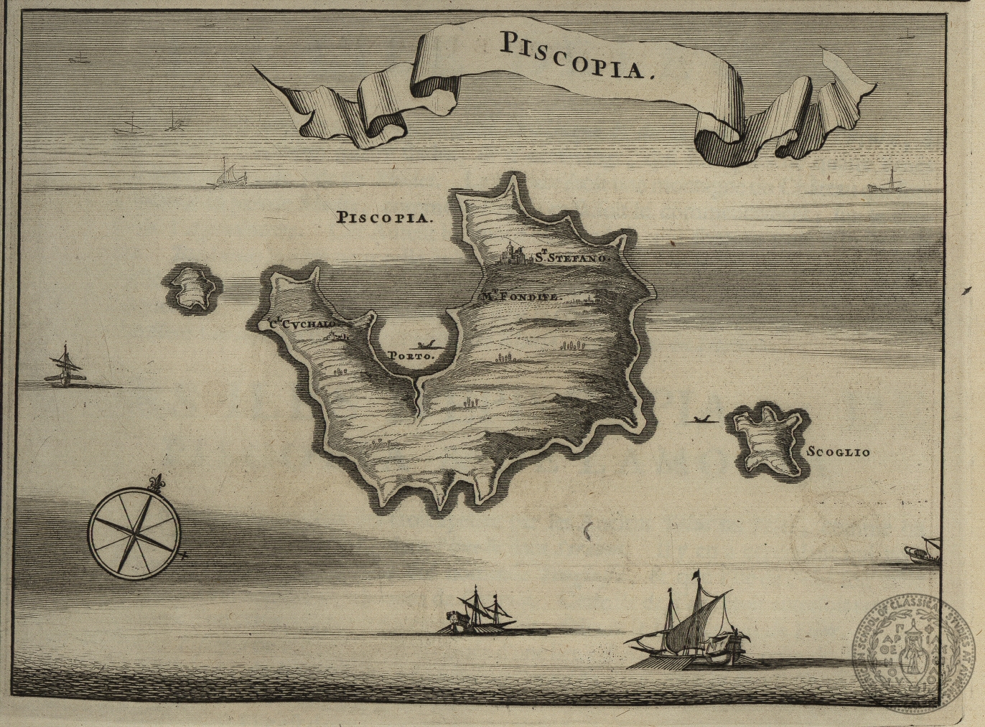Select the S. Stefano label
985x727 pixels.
point(571,255)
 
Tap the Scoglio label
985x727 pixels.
point(838,452)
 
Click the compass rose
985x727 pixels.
point(134,532)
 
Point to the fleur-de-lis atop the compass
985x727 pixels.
point(154,483)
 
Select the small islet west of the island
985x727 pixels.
point(192,287)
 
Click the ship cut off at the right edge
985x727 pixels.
point(922,552)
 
